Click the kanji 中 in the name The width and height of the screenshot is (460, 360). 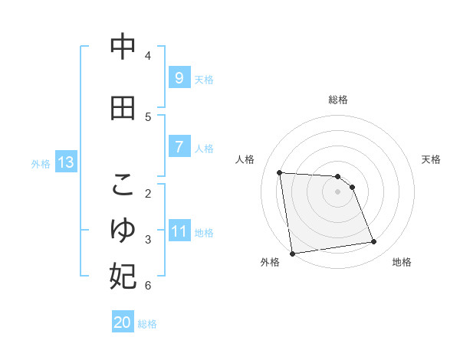point(123,47)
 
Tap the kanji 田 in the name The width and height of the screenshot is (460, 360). point(123,109)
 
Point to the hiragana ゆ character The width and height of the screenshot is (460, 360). point(123,231)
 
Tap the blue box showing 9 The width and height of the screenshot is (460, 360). point(179,78)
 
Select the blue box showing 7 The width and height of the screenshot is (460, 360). point(179,147)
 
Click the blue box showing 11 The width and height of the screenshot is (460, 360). point(179,231)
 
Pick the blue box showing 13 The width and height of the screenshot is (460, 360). point(65,162)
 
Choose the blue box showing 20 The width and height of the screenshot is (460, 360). point(123,322)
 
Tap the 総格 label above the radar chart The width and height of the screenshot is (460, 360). point(338,100)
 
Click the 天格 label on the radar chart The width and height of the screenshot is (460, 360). point(431,159)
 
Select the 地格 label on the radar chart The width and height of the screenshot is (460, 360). point(402,262)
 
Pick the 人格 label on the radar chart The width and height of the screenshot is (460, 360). point(245,159)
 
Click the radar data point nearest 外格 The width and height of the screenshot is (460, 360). point(292,253)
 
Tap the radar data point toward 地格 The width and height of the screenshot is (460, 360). point(374,242)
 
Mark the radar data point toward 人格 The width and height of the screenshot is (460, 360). point(280,172)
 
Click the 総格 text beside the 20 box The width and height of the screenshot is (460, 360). point(147,323)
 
